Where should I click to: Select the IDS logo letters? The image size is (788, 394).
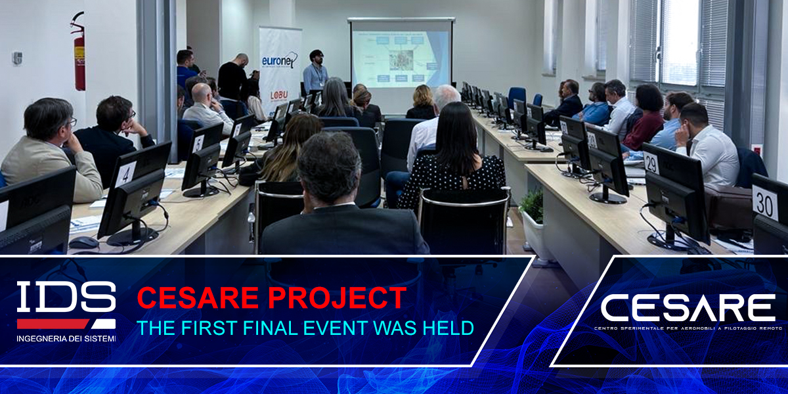pos(66,297)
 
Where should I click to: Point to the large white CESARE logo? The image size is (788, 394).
pos(688,307)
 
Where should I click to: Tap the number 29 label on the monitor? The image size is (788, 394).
pos(651,162)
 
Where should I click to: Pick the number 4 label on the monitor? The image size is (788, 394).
pos(125,174)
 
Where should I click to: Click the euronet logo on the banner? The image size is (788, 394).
pos(280,60)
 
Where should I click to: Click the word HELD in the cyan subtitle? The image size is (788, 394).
pos(450,327)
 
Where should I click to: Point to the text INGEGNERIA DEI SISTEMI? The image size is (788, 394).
pos(66,338)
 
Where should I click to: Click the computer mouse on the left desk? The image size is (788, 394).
pos(83,242)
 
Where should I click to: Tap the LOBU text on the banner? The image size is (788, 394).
pos(279,95)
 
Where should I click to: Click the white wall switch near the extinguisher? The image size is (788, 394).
pos(17,58)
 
